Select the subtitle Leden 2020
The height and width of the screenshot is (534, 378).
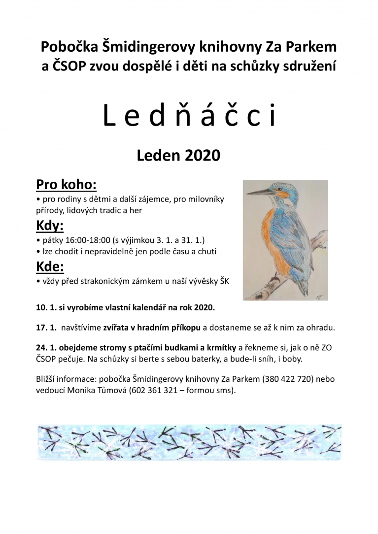click(178, 156)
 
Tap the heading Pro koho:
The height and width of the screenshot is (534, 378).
click(67, 185)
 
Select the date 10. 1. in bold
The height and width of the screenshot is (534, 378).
click(46, 307)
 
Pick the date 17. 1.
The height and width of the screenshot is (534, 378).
click(46, 327)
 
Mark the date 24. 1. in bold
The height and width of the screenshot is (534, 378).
click(46, 347)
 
